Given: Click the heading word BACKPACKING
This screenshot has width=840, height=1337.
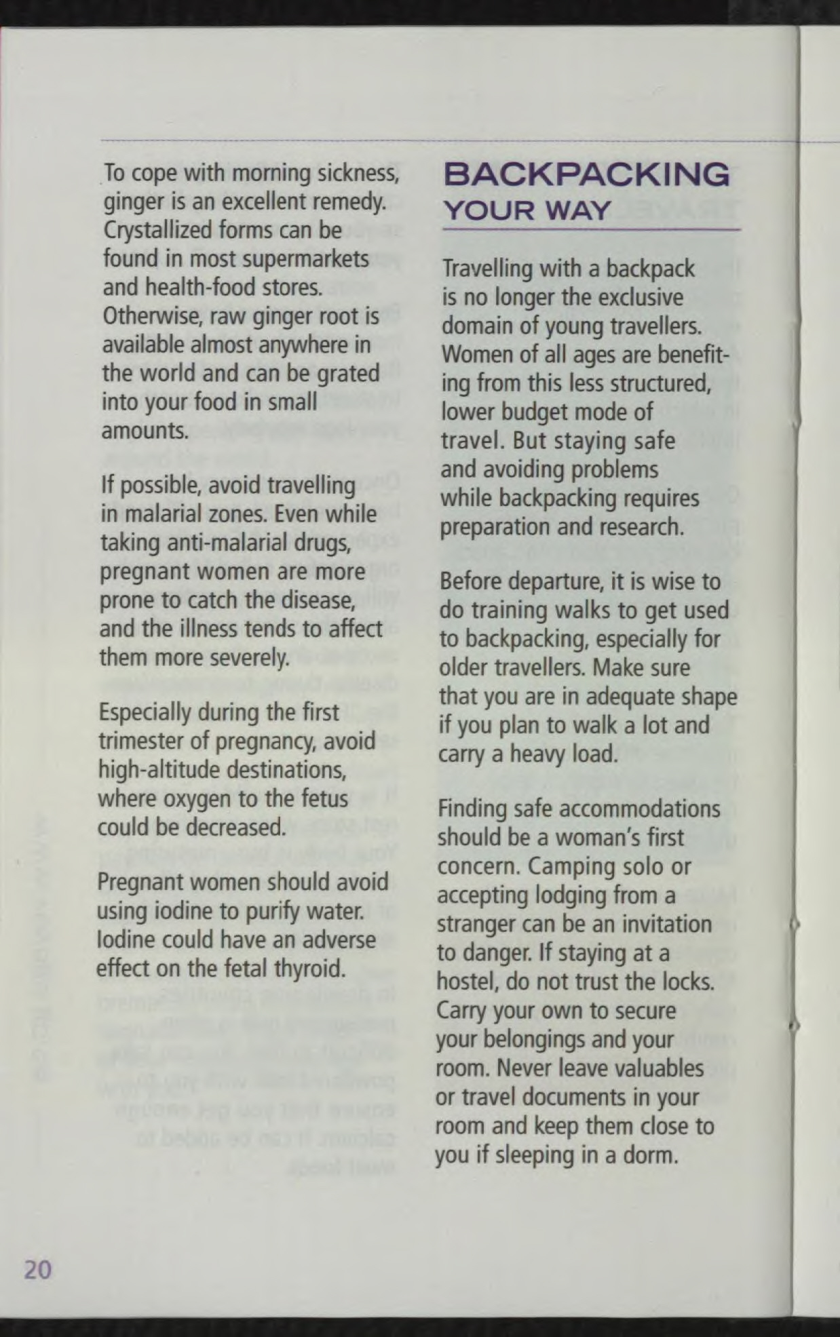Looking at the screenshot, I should tap(587, 174).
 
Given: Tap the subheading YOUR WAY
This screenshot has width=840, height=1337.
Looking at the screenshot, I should tap(527, 210).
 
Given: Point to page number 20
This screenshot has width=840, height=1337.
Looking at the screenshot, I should tap(37, 1269).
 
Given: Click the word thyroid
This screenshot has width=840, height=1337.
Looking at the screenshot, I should tap(309, 968).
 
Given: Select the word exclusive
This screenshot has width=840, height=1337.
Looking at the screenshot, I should tap(638, 298).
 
